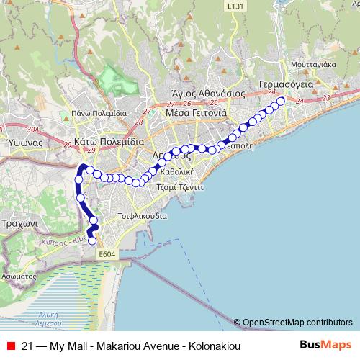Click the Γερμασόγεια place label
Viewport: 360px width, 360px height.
click(x=285, y=84)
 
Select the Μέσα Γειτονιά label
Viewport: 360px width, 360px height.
click(x=197, y=113)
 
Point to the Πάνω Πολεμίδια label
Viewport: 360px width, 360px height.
click(x=99, y=114)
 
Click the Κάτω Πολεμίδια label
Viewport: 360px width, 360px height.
click(x=109, y=142)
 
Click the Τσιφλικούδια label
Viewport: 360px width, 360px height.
click(x=141, y=216)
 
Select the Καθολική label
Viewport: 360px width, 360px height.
click(x=179, y=173)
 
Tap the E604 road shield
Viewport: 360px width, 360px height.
click(x=107, y=254)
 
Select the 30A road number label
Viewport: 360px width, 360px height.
click(x=33, y=130)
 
